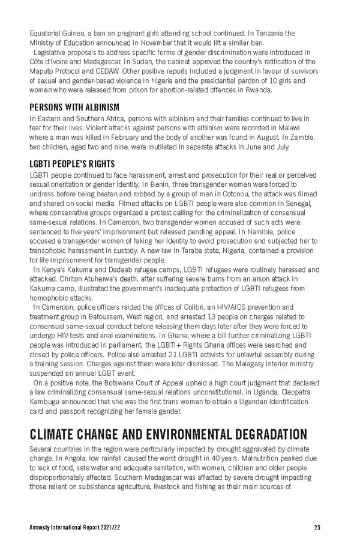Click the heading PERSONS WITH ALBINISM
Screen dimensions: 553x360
[x=74, y=107]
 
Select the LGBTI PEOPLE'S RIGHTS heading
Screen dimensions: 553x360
[x=72, y=164]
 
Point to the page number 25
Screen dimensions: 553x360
[x=317, y=528]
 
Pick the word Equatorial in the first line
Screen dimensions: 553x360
[x=46, y=33]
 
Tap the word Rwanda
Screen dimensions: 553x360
[x=256, y=90]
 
